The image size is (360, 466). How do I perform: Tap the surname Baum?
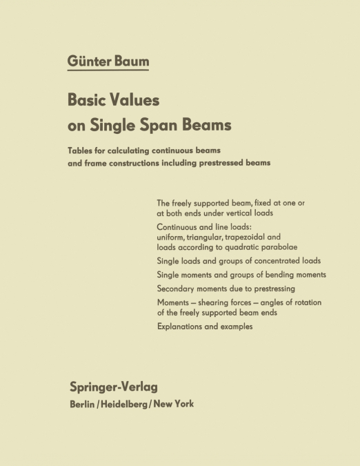pyautogui.click(x=132, y=61)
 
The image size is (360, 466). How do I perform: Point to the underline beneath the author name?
pyautogui.click(x=108, y=70)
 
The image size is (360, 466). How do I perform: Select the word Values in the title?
pyautogui.click(x=136, y=99)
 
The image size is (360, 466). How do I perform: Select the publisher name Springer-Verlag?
pyautogui.click(x=113, y=387)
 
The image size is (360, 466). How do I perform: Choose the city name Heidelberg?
pyautogui.click(x=130, y=404)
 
